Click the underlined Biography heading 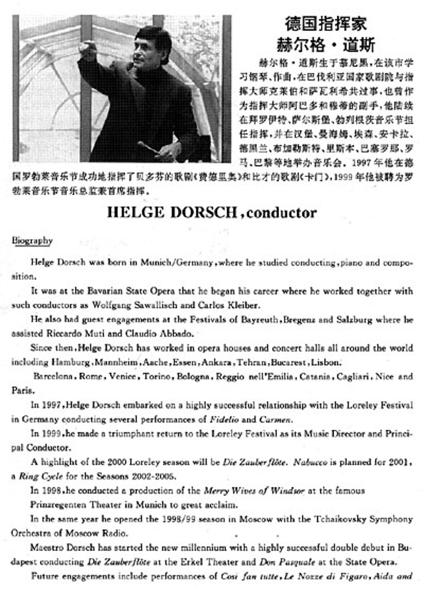(32, 240)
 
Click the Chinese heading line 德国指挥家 (326, 24)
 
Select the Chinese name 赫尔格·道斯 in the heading (326, 45)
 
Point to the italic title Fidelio (224, 420)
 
